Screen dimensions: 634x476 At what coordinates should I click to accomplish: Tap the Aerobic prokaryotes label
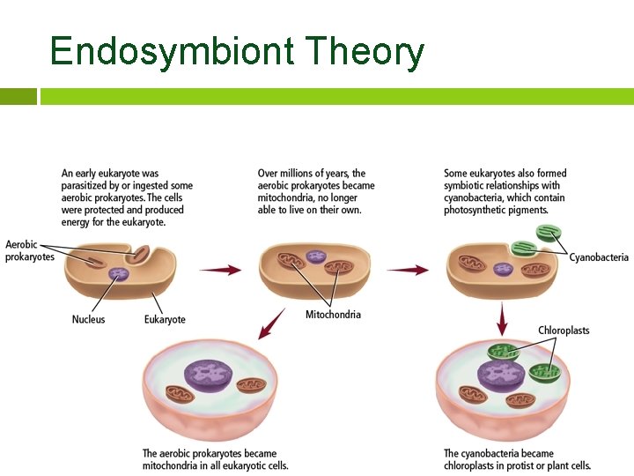(30, 250)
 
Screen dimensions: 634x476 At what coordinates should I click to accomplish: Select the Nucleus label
(88, 319)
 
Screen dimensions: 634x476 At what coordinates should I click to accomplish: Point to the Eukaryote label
(165, 319)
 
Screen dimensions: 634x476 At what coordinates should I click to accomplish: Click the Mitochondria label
(333, 315)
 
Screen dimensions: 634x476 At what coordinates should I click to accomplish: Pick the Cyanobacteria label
(599, 257)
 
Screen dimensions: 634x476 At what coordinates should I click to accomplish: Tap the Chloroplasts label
(564, 331)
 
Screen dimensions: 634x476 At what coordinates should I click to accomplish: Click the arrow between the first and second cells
(219, 270)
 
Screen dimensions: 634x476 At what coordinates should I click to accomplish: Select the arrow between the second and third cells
(408, 270)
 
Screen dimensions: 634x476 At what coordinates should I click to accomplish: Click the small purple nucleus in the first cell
(117, 275)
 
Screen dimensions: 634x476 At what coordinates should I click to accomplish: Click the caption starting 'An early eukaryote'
(127, 197)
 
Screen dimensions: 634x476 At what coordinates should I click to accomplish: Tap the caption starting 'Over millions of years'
(316, 191)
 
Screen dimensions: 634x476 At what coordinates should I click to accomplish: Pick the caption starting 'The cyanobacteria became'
(517, 459)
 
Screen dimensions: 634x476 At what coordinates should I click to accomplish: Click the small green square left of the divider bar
(18, 96)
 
